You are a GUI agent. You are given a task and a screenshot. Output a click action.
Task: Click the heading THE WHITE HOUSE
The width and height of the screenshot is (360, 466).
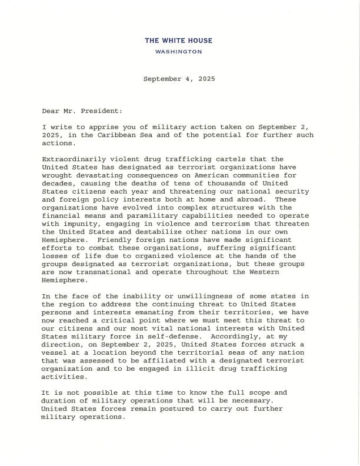179,41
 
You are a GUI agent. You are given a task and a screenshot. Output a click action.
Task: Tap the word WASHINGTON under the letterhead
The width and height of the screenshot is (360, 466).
178,52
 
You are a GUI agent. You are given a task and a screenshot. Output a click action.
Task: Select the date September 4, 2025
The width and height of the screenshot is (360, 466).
179,78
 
